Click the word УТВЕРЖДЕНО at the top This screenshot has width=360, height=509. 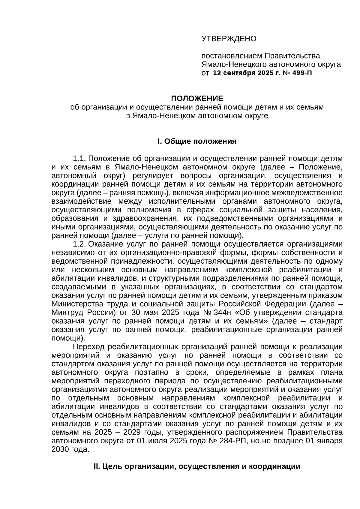[229, 39]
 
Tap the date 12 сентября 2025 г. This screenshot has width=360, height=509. [246, 73]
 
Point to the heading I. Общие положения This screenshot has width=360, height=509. [197, 141]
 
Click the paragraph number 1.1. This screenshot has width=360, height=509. [80, 158]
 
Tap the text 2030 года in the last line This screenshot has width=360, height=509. [70, 450]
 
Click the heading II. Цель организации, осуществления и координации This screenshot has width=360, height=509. [197, 467]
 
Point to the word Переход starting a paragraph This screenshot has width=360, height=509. [89, 347]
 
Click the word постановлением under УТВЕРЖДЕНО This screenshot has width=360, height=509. [231, 56]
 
